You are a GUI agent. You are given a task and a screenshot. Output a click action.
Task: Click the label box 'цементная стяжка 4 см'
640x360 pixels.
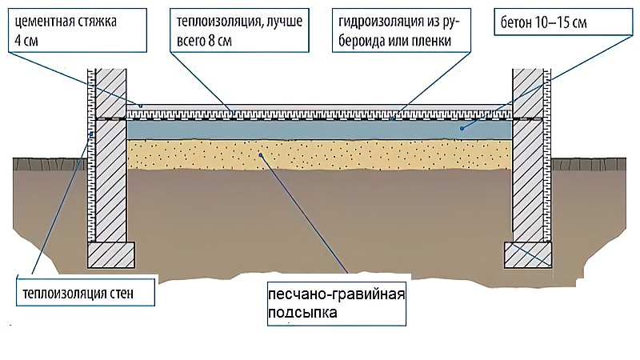(x=77, y=30)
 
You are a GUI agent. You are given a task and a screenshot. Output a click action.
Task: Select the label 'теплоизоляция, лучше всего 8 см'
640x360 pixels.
(x=239, y=30)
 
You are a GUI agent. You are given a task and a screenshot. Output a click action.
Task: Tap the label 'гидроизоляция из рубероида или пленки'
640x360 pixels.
(x=402, y=30)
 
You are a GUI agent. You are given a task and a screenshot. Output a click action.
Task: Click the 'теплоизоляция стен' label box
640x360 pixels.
(x=86, y=293)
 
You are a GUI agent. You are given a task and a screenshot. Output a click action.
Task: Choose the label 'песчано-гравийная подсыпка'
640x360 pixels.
(x=337, y=304)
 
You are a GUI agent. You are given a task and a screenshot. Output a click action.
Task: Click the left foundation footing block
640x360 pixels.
(x=111, y=254)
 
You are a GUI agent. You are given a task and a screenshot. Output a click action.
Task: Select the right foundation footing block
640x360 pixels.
(x=528, y=254)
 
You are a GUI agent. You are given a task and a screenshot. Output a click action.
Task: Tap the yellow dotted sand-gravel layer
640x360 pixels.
(x=319, y=155)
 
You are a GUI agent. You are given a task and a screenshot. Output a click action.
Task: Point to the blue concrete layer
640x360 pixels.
(x=319, y=130)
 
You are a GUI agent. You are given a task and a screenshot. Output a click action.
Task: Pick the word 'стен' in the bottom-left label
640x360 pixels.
(x=122, y=293)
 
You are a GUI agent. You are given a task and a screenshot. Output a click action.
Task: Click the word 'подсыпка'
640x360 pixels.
(x=302, y=313)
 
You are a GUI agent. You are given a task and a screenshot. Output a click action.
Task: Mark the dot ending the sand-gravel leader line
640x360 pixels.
(x=261, y=154)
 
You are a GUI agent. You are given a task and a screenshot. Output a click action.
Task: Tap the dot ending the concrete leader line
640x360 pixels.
(x=462, y=129)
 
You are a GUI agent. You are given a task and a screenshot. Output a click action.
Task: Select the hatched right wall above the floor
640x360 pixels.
(x=528, y=93)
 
